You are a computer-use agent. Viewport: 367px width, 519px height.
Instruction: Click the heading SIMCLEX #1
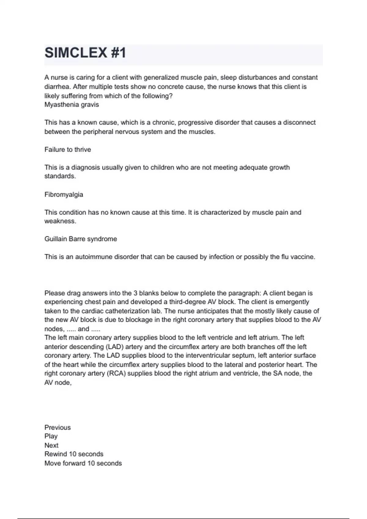pos(85,53)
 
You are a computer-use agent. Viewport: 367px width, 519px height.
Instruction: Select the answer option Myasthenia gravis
pos(72,105)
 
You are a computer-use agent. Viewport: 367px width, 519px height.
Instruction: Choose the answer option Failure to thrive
pos(68,150)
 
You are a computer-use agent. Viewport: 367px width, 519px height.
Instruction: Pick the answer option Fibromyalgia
pos(64,194)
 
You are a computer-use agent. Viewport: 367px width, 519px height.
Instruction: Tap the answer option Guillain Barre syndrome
pos(80,239)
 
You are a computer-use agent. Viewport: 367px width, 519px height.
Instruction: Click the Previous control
pos(57,427)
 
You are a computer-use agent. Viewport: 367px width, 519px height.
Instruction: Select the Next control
pos(51,445)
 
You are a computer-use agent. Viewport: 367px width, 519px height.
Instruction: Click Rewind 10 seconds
pos(74,454)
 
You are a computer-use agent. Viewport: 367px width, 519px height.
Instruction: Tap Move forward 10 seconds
pos(83,463)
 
